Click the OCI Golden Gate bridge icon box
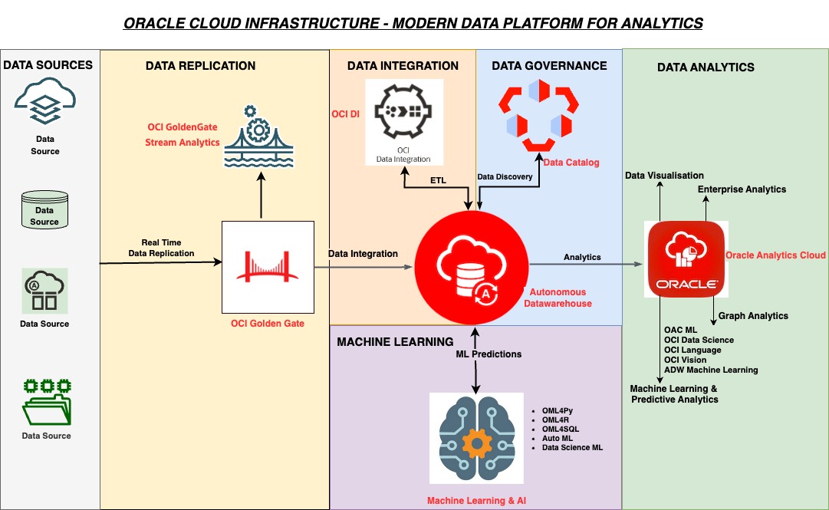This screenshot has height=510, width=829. point(268,268)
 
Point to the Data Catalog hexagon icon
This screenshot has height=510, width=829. point(536,114)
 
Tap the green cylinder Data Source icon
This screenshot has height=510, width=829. point(44,209)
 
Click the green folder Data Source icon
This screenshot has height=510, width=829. point(46,401)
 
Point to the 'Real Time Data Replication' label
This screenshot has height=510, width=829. point(162,248)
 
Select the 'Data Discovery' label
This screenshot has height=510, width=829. point(505,176)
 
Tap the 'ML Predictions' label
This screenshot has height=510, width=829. point(489,354)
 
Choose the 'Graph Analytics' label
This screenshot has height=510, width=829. point(752,315)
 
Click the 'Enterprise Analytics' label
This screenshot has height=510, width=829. point(742,189)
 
